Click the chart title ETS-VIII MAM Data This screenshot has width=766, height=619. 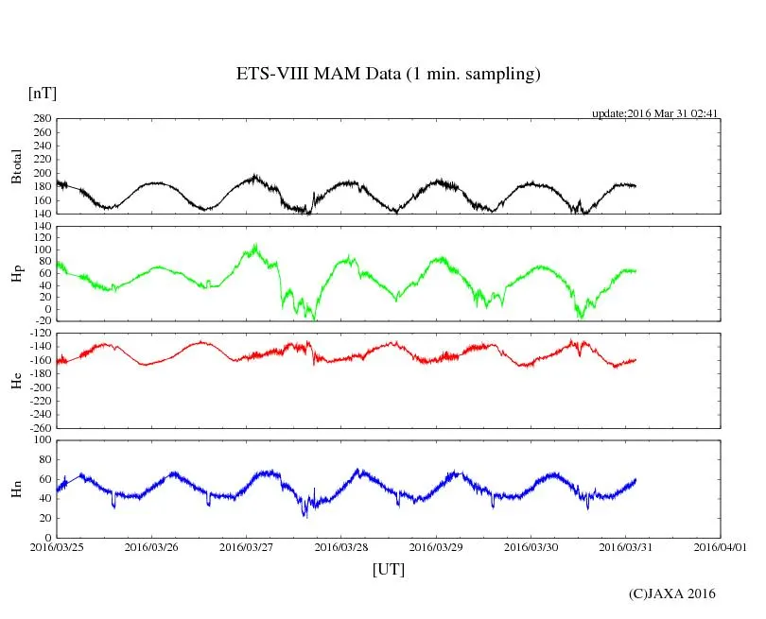pyautogui.click(x=388, y=75)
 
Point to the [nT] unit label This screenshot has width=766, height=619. pyautogui.click(x=43, y=94)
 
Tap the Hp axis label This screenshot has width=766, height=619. pyautogui.click(x=16, y=274)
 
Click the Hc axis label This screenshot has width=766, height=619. pyautogui.click(x=16, y=381)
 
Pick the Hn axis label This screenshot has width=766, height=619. pyautogui.click(x=16, y=489)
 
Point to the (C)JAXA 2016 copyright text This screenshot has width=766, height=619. pyautogui.click(x=672, y=593)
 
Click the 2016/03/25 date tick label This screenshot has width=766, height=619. pyautogui.click(x=57, y=546)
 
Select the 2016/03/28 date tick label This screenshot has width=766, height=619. pyautogui.click(x=341, y=546)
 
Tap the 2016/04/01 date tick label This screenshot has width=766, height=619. pyautogui.click(x=721, y=546)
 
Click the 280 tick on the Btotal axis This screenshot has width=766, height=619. pyautogui.click(x=41, y=119)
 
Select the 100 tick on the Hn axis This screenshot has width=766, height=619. pyautogui.click(x=41, y=440)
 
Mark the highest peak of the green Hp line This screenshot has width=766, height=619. pyautogui.click(x=254, y=245)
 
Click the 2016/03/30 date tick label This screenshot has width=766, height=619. pyautogui.click(x=531, y=546)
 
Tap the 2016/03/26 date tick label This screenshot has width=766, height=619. pyautogui.click(x=151, y=546)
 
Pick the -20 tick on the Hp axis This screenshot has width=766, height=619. pyautogui.click(x=41, y=321)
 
